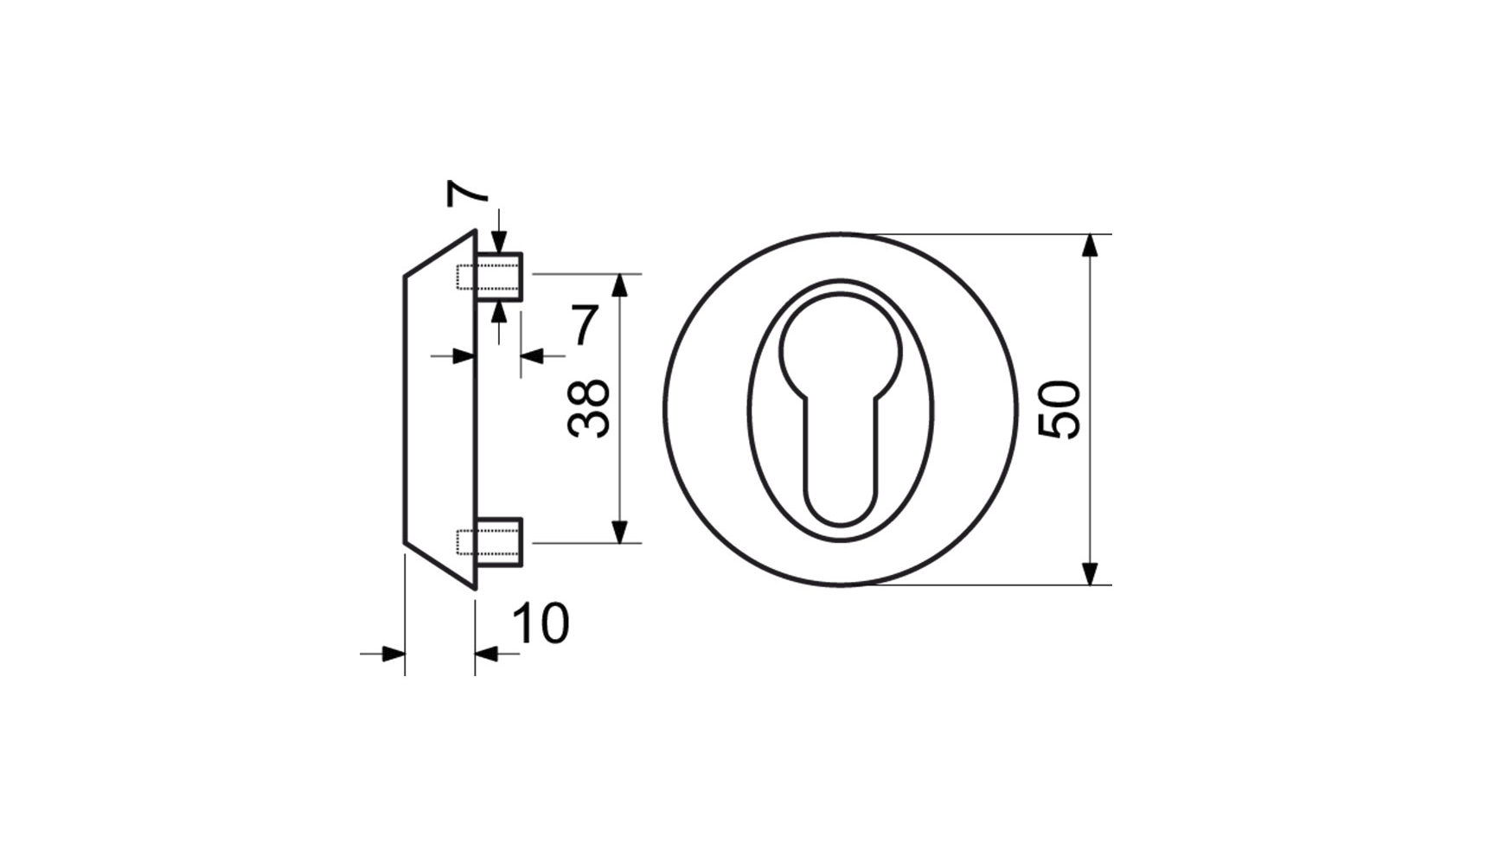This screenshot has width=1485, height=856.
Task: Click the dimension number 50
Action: pyautogui.click(x=1060, y=410)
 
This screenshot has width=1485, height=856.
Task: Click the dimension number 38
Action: pyautogui.click(x=590, y=409)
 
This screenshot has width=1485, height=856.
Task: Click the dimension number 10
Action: pyautogui.click(x=541, y=623)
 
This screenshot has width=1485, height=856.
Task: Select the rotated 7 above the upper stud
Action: pyautogui.click(x=468, y=194)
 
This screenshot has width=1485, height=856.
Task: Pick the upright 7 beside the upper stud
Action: pyautogui.click(x=584, y=325)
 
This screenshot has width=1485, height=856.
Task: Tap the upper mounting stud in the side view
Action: pyautogui.click(x=499, y=276)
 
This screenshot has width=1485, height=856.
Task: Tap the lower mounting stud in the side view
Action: pyautogui.click(x=499, y=542)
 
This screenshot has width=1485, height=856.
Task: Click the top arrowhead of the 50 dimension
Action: pyautogui.click(x=1091, y=245)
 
